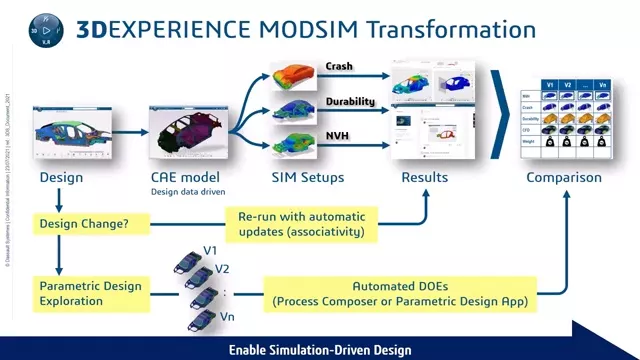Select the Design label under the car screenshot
point(61,178)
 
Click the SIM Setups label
point(308,178)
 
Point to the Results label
point(424,178)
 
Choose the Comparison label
point(564,178)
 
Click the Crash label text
point(339,67)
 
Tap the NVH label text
point(337,135)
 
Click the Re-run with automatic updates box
point(301,224)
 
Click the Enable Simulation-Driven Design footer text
point(319,350)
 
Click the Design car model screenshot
point(72,133)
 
